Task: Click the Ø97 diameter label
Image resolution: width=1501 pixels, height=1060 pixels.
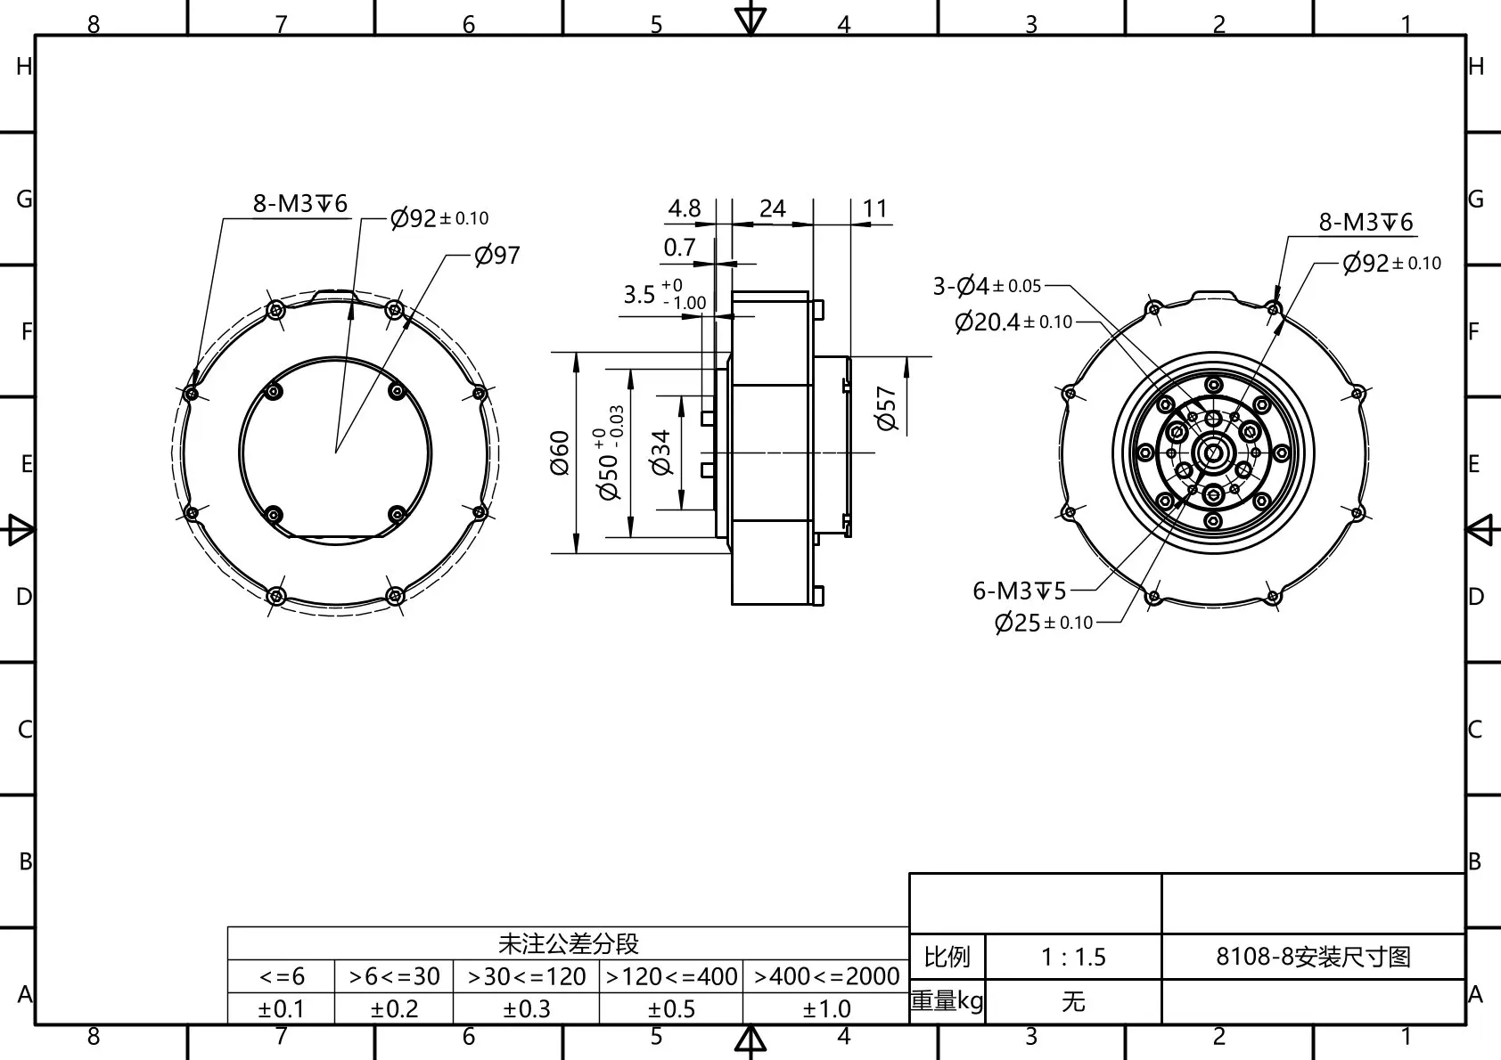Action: point(496,255)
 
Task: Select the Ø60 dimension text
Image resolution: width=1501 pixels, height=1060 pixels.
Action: point(560,453)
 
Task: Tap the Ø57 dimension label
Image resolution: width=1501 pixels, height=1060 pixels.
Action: point(886,409)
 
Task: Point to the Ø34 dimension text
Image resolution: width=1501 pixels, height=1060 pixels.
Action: point(661,453)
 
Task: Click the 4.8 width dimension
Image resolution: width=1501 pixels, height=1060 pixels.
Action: point(685,208)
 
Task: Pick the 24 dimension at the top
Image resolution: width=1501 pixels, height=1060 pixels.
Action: point(772,208)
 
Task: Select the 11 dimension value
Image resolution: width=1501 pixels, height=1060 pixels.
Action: point(874,208)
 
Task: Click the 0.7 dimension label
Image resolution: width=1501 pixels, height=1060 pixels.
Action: point(679,248)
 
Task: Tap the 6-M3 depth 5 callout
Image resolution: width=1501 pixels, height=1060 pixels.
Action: point(1019,591)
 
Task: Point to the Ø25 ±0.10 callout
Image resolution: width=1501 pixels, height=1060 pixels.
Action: point(1044,623)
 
